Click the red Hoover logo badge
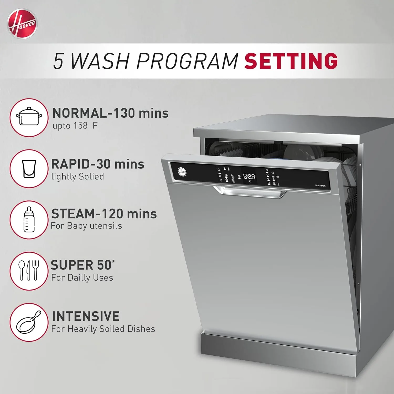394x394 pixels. tap(22, 24)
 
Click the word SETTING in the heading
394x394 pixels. tap(291, 61)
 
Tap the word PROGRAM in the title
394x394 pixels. tap(187, 61)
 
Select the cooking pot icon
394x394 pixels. tap(29, 117)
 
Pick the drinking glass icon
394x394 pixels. tap(29, 169)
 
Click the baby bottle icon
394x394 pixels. tap(29, 220)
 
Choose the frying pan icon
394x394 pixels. tap(29, 322)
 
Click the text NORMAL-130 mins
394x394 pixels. tap(110, 113)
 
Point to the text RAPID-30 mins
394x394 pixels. tap(98, 164)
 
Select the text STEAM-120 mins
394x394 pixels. tap(104, 214)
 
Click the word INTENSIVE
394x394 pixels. tap(86, 316)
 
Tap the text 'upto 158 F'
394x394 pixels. tap(75, 126)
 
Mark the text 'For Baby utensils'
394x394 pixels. tap(86, 226)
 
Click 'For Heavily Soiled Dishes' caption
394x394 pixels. tap(103, 329)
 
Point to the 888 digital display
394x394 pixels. tap(249, 176)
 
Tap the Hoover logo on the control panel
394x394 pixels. tap(182, 172)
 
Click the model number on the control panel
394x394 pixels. tap(320, 186)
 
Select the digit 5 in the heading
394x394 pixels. tap(58, 61)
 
